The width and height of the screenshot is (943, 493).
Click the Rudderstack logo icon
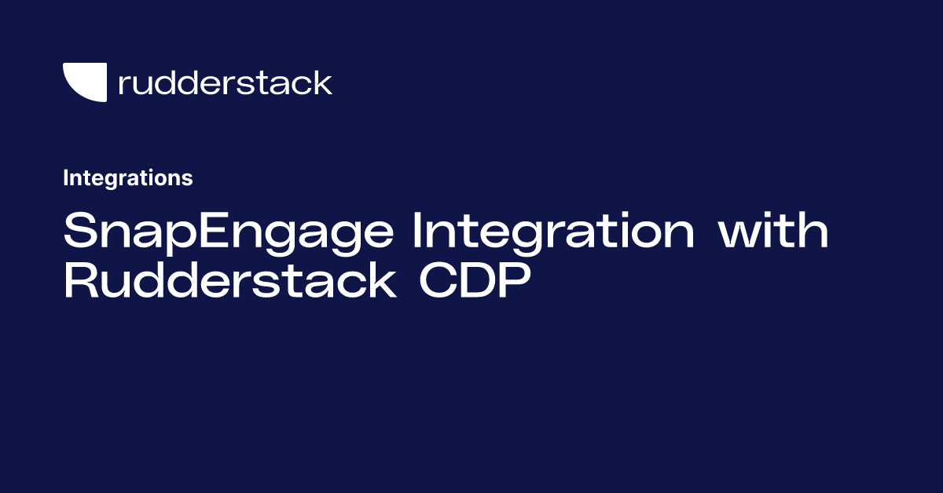84,82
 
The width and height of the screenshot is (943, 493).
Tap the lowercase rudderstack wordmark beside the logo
225,82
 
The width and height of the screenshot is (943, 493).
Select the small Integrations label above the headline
127,178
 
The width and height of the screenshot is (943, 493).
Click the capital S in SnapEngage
79,232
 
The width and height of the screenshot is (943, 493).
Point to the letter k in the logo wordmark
321,82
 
